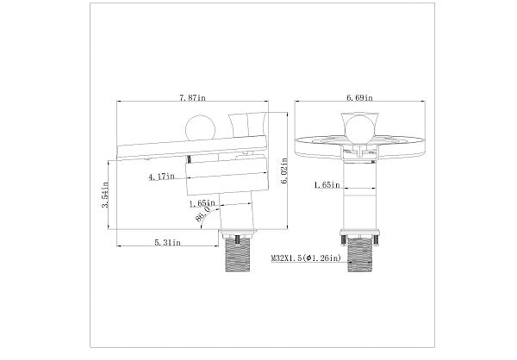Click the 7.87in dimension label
pos(192,98)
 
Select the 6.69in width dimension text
pos(359,98)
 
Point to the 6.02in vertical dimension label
pos(284,171)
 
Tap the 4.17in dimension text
pos(162,177)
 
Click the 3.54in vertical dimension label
pos(105,196)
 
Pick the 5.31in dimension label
pos(168,243)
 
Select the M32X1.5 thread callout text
pos(306,258)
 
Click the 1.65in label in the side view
pos(202,204)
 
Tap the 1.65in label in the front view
pos(327,185)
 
